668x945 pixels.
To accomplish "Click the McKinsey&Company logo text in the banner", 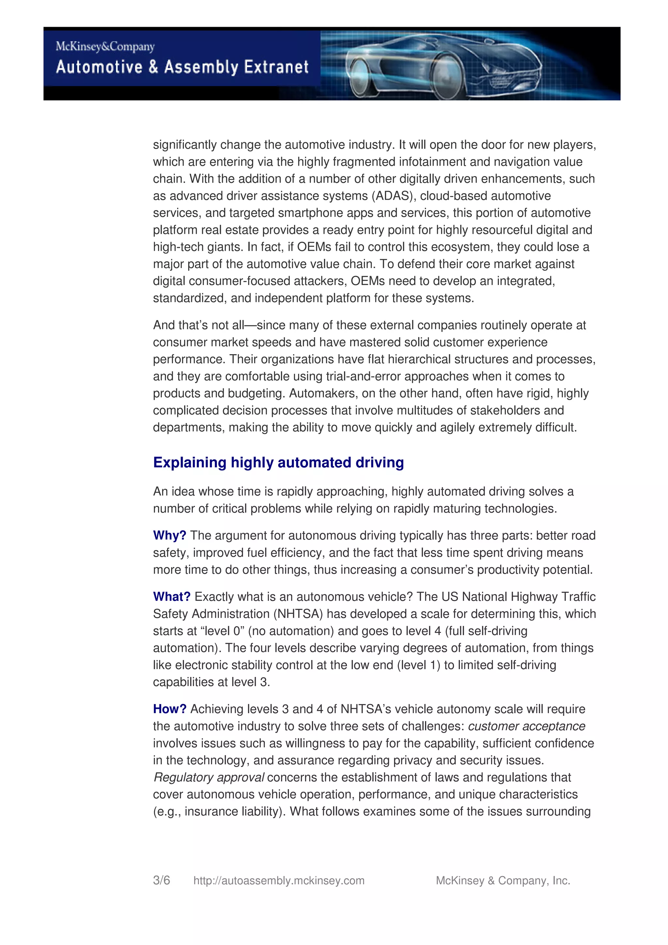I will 105,47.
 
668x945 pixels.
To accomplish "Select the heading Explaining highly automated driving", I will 278,463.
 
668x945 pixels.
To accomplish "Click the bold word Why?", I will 170,535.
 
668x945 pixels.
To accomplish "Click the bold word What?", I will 172,597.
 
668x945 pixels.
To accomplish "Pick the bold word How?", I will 170,709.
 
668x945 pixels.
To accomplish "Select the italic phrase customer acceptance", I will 526,727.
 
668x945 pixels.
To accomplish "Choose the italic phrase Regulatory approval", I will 209,777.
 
